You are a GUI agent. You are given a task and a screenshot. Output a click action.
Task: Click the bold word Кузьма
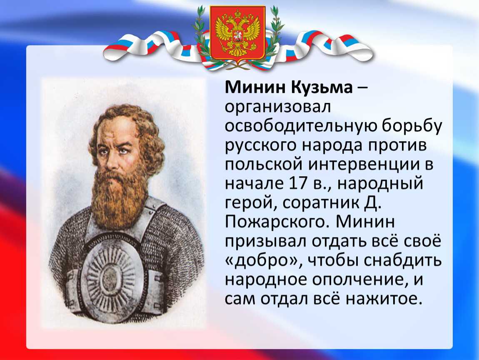322,88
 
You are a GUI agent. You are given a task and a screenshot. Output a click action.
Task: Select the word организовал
278,107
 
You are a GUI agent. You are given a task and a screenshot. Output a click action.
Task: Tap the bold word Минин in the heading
255,88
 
